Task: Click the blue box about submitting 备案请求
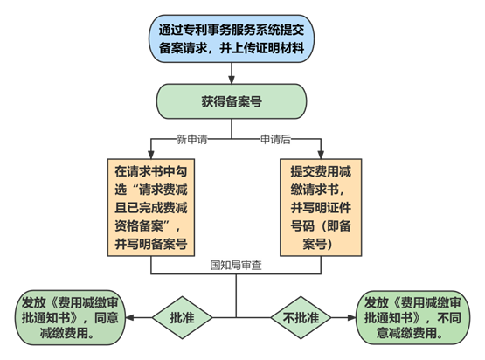click(x=232, y=38)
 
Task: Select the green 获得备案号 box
click(x=232, y=101)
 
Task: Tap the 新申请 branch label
click(x=191, y=139)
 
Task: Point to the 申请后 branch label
click(x=275, y=139)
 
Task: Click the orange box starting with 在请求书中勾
click(x=151, y=208)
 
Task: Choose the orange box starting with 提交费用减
click(x=321, y=208)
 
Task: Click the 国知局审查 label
click(x=236, y=265)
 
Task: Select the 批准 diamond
click(x=182, y=318)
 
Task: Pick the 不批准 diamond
click(x=301, y=318)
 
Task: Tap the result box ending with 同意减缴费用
click(x=71, y=318)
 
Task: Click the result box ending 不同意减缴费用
click(x=413, y=318)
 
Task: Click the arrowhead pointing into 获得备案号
click(x=232, y=80)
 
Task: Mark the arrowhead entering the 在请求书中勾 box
click(x=151, y=155)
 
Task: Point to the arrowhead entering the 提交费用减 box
click(x=321, y=155)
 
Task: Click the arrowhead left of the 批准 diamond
click(x=130, y=318)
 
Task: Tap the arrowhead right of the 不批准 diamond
click(x=352, y=318)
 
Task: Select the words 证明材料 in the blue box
click(x=281, y=48)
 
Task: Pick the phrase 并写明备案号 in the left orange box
click(x=151, y=244)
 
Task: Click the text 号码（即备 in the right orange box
click(x=321, y=225)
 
